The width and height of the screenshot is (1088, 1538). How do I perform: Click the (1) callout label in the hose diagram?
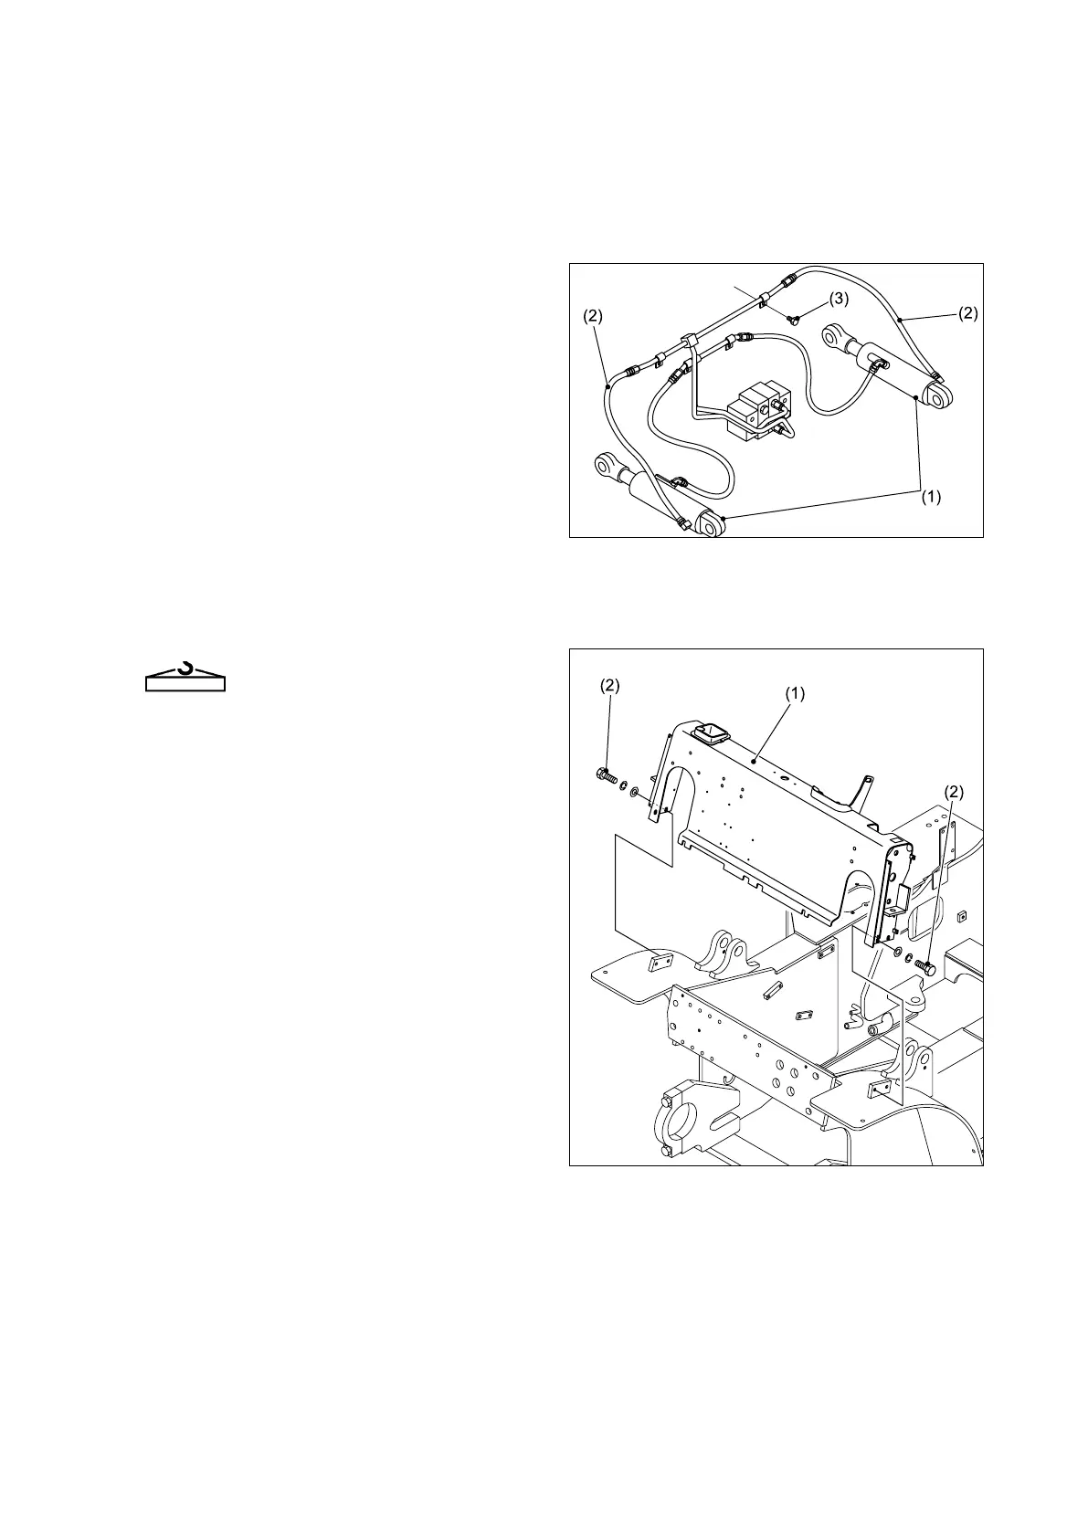[930, 498]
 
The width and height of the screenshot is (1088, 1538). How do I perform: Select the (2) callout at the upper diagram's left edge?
[593, 316]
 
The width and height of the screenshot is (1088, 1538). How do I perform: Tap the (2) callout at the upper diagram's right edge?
[967, 313]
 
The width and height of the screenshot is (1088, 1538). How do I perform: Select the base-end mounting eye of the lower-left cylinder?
[710, 527]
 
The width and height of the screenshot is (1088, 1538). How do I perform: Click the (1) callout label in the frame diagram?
[795, 693]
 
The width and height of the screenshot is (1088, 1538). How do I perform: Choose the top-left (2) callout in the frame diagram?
[609, 686]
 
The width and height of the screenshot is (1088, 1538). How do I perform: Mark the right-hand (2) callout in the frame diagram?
[952, 791]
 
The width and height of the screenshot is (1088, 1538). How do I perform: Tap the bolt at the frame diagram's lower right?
[926, 966]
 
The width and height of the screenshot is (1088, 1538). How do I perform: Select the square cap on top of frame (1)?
[711, 732]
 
